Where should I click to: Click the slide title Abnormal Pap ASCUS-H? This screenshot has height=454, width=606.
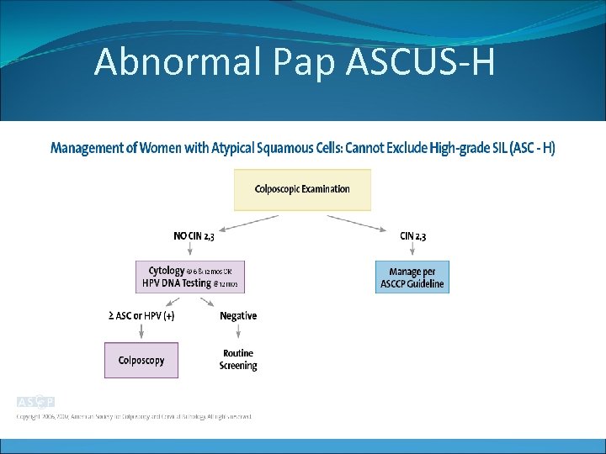[294, 61]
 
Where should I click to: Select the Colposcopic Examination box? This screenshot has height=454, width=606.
[302, 189]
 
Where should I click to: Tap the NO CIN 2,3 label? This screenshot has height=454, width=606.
[194, 236]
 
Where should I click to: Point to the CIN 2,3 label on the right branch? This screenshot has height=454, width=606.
[412, 236]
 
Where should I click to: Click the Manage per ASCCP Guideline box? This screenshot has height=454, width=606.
[412, 277]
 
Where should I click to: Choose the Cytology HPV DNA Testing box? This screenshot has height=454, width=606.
[190, 277]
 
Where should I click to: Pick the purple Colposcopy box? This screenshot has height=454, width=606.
[141, 361]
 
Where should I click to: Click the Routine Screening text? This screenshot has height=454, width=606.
[238, 360]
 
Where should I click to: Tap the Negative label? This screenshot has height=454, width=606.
[238, 316]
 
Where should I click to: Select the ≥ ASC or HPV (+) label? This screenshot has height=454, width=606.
[141, 316]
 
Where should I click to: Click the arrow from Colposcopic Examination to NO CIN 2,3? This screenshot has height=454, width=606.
[249, 222]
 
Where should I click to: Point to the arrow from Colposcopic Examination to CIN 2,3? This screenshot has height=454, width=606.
[358, 222]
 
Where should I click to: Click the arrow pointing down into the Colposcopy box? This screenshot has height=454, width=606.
[141, 333]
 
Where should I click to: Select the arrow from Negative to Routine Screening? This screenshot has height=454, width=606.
[238, 333]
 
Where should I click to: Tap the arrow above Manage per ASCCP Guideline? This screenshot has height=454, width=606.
[412, 251]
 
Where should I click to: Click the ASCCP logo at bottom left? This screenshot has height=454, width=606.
[35, 402]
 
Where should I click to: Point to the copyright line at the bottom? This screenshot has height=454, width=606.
[135, 416]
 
